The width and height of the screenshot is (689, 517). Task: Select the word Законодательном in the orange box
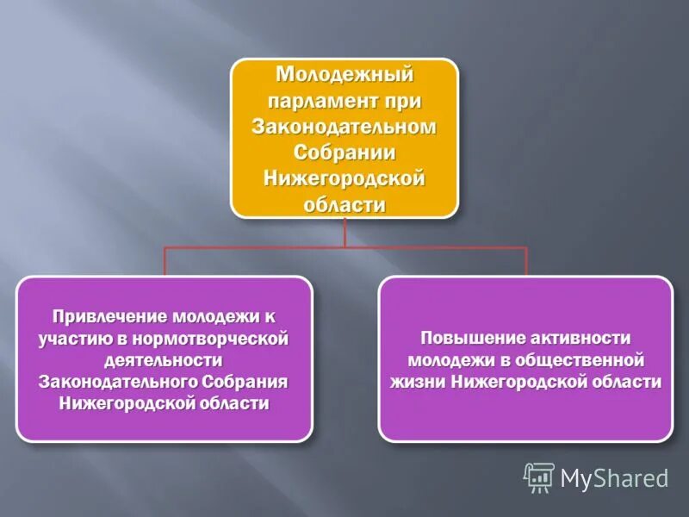pyautogui.click(x=344, y=128)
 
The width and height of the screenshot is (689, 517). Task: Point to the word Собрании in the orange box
pyautogui.click(x=344, y=153)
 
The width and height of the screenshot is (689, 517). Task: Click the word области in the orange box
pyautogui.click(x=344, y=205)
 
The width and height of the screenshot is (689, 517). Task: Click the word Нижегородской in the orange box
pyautogui.click(x=344, y=179)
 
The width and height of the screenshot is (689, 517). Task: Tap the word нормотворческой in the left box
pyautogui.click(x=219, y=338)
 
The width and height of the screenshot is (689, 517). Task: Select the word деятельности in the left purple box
pyautogui.click(x=163, y=359)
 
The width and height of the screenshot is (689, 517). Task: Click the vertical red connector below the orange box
pyautogui.click(x=344, y=233)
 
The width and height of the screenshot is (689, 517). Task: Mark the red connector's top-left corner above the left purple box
pyautogui.click(x=165, y=248)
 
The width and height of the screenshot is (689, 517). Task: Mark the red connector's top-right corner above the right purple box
pyautogui.click(x=525, y=248)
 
